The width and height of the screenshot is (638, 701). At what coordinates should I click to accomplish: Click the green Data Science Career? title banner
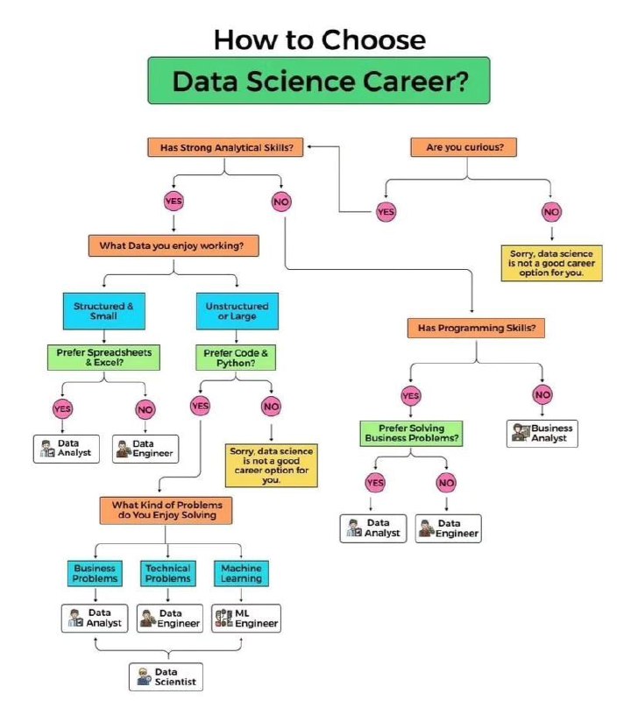[319, 81]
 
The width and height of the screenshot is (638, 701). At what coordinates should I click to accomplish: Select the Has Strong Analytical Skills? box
[225, 147]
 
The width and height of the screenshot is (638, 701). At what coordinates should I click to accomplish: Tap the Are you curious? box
[464, 147]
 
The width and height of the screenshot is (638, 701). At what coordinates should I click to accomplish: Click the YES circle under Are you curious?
[386, 211]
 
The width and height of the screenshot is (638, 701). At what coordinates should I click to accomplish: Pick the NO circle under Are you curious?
[551, 211]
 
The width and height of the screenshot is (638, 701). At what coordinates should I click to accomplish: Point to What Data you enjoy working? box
[174, 245]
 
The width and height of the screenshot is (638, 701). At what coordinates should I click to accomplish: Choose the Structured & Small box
[104, 311]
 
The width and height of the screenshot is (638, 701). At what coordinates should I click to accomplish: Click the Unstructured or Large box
[237, 311]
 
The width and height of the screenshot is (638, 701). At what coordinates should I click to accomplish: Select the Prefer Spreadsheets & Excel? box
[103, 358]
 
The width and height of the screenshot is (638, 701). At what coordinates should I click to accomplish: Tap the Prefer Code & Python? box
[236, 358]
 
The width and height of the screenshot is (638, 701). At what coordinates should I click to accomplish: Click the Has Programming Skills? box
[476, 328]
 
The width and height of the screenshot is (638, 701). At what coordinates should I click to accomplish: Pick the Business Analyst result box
[542, 433]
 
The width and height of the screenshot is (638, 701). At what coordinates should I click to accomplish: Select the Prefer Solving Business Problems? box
[411, 433]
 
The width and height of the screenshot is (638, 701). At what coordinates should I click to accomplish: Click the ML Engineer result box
[246, 619]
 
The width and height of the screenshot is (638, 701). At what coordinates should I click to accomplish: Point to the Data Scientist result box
[166, 676]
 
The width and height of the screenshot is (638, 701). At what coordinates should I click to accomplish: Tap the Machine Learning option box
[241, 573]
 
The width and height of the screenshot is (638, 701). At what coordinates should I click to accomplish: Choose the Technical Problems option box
[168, 573]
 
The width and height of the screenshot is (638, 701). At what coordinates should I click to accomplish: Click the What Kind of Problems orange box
[167, 510]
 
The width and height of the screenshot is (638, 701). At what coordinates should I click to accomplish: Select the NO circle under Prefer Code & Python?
[272, 407]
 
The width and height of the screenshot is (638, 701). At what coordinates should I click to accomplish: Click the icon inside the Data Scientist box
[144, 676]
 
